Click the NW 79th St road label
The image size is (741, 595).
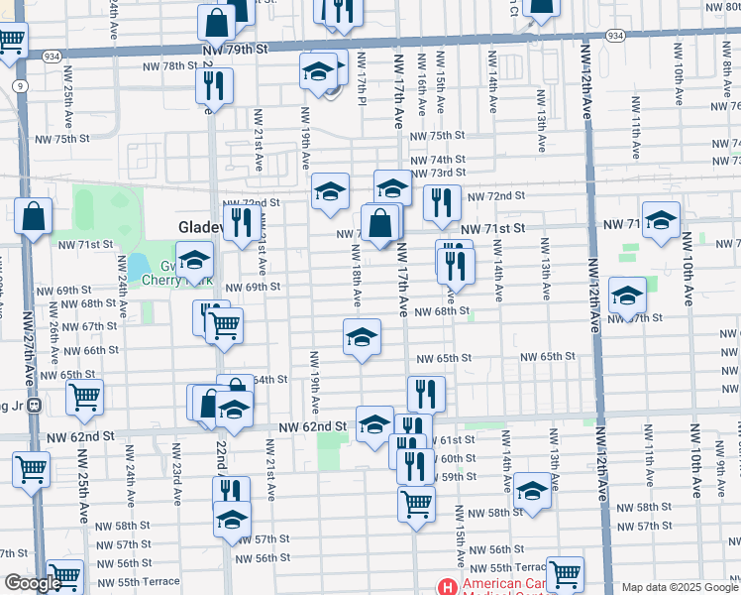(234, 48)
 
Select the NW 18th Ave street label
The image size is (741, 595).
(355, 275)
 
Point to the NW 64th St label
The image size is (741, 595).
(268, 379)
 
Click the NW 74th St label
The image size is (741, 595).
(437, 160)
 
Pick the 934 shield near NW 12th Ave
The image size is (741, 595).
(615, 36)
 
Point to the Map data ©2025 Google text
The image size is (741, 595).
(680, 587)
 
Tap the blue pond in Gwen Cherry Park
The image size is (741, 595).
(136, 267)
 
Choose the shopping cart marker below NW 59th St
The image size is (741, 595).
(417, 502)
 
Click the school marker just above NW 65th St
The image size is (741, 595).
(363, 336)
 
